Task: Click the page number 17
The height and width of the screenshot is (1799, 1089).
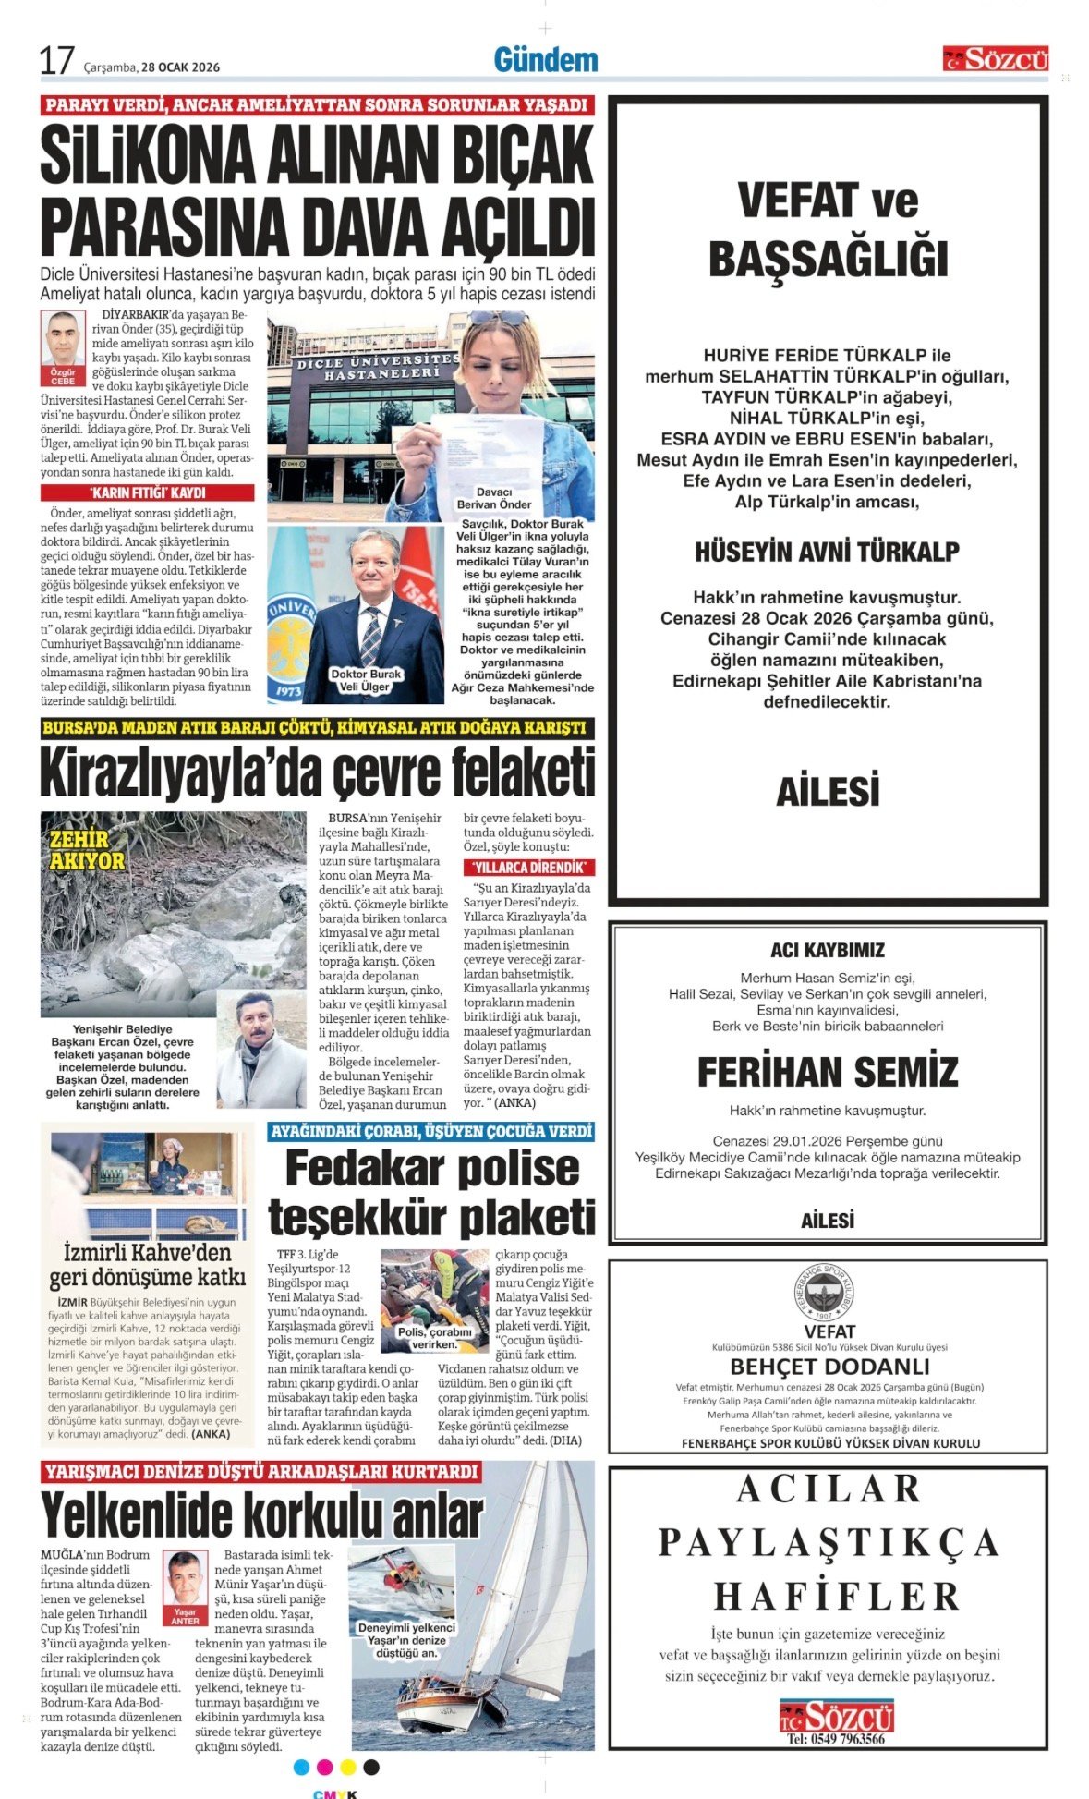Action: (x=56, y=61)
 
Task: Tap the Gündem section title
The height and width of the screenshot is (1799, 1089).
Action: (x=546, y=60)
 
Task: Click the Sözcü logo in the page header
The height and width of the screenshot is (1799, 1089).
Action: (x=995, y=59)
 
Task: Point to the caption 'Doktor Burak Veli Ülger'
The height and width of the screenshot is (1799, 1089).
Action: (x=367, y=680)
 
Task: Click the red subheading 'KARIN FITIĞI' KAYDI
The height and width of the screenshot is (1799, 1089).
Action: (x=147, y=493)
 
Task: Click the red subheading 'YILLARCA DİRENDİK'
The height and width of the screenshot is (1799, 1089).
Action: (x=528, y=868)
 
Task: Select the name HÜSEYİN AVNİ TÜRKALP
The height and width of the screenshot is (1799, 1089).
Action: (x=827, y=553)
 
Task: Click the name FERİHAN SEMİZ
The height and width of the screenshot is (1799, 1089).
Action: (x=828, y=1072)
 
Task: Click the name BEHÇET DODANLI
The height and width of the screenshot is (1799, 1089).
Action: (x=829, y=1367)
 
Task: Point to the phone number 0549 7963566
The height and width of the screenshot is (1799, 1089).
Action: (x=836, y=1739)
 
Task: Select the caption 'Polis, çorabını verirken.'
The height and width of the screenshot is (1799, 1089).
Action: (x=434, y=1338)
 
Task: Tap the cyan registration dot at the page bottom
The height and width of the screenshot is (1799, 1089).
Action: (x=301, y=1768)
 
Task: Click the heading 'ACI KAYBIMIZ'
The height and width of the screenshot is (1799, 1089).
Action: (x=828, y=950)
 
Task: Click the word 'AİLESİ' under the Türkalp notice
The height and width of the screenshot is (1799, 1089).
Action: (x=828, y=792)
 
